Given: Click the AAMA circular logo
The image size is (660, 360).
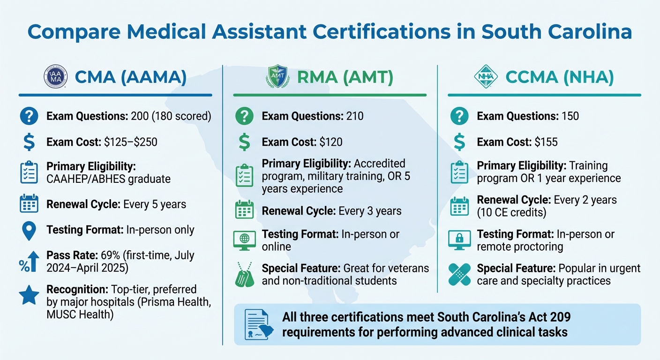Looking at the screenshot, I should pos(55,77).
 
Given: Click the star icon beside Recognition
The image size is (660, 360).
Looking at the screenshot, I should pos(29,295).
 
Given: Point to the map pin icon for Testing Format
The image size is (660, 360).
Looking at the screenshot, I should pos(29,230).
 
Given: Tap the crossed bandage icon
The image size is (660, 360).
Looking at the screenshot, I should pos(459,275).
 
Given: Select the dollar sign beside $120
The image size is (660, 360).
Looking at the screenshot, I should pos(244,142).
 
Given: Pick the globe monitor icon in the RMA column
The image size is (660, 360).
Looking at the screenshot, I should pos(245,240).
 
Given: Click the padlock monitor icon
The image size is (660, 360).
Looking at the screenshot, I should pos(459,240).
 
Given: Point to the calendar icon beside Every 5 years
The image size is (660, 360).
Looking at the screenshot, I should pos(29,204).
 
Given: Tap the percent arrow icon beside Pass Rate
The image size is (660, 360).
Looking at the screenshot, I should pos(29,262).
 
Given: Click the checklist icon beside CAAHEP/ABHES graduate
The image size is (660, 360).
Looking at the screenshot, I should pos(29,172).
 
